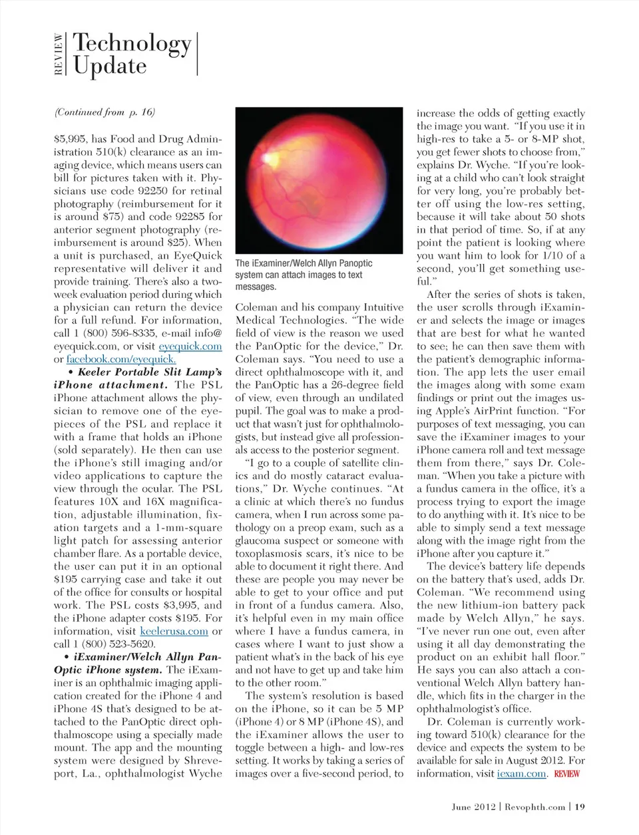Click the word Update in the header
pyautogui.click(x=110, y=66)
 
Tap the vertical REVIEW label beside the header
pyautogui.click(x=59, y=54)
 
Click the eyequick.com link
pyautogui.click(x=190, y=346)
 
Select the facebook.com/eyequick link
pyautogui.click(x=121, y=359)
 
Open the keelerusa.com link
pyautogui.click(x=174, y=631)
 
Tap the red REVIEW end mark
pyautogui.click(x=566, y=774)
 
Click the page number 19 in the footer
pyautogui.click(x=580, y=806)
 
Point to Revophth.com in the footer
pyautogui.click(x=534, y=806)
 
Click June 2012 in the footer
pyautogui.click(x=473, y=806)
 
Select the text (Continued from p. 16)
pyautogui.click(x=105, y=112)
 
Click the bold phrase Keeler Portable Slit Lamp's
pyautogui.click(x=150, y=372)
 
